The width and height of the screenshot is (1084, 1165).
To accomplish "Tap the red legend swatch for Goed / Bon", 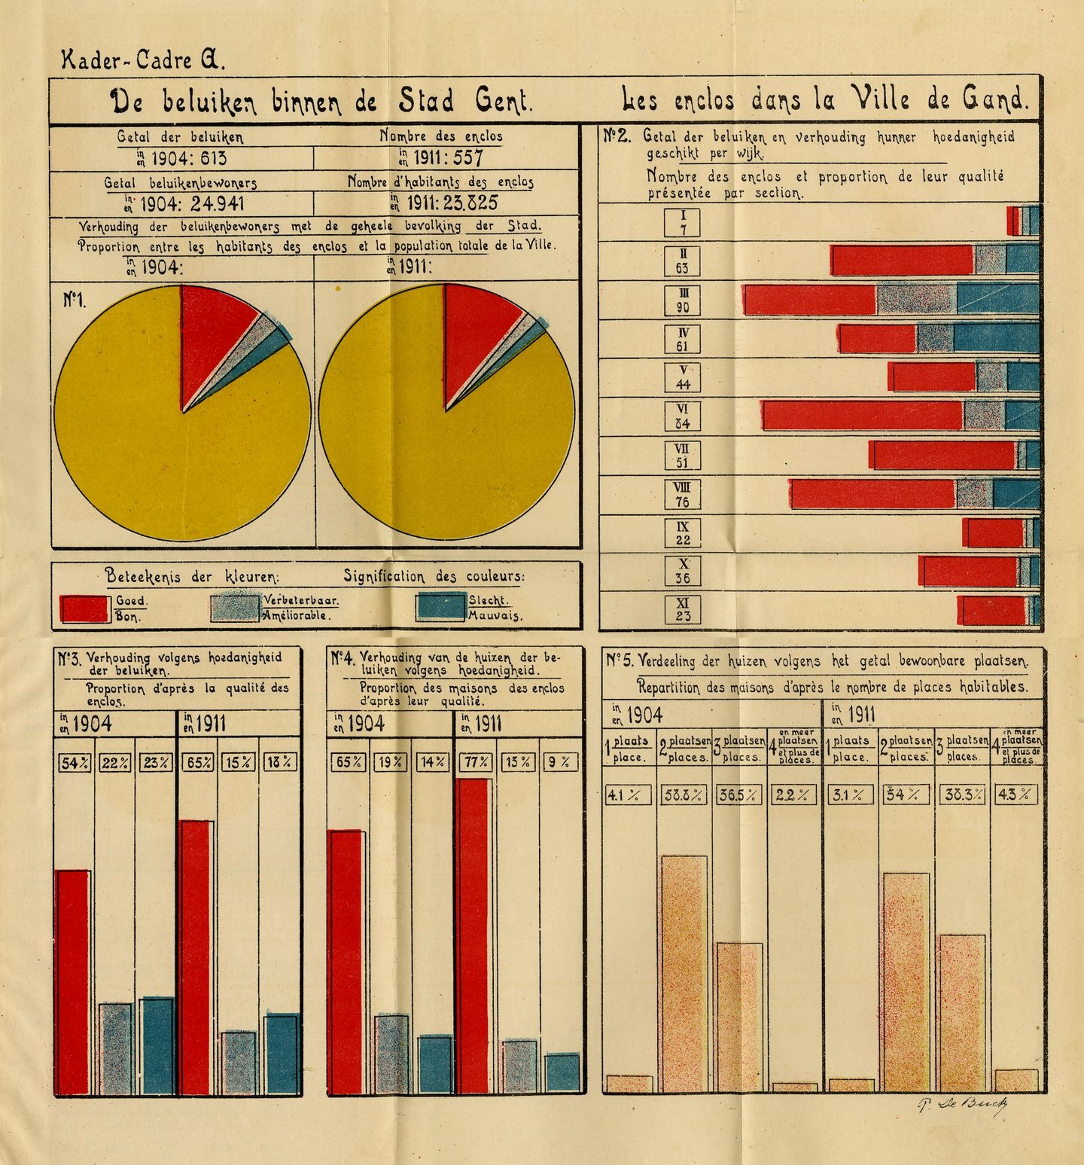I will pyautogui.click(x=84, y=608).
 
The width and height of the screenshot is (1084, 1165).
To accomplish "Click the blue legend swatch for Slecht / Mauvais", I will pyautogui.click(x=440, y=607).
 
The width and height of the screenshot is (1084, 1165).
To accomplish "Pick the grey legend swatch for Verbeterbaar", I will pyautogui.click(x=236, y=607).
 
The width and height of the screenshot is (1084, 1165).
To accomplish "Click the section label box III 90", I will pyautogui.click(x=683, y=300).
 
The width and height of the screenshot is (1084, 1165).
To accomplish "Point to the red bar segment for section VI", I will pyautogui.click(x=863, y=416).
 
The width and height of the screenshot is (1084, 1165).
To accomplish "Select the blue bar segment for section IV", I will pyautogui.click(x=996, y=338).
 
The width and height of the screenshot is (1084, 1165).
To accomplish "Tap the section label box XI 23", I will pyautogui.click(x=683, y=609).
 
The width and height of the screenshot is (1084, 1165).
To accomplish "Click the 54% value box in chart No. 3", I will pyautogui.click(x=75, y=763).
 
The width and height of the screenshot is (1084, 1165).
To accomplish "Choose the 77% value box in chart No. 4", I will pyautogui.click(x=476, y=762).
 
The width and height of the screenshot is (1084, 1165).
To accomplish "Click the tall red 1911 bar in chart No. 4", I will pyautogui.click(x=473, y=934).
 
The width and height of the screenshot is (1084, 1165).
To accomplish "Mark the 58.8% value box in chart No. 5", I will pyautogui.click(x=684, y=794).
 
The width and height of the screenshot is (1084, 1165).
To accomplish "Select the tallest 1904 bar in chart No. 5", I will pyautogui.click(x=684, y=971).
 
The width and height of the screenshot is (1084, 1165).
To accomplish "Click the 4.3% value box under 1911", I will pyautogui.click(x=1016, y=794).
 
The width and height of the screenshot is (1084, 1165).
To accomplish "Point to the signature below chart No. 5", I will pyautogui.click(x=963, y=1105).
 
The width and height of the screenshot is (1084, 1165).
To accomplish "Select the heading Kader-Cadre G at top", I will pyautogui.click(x=143, y=59).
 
